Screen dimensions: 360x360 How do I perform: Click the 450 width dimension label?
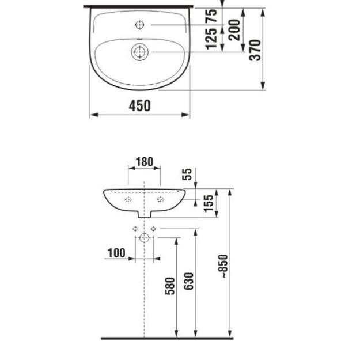pos(139,105)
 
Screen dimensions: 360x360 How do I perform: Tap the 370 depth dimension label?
pos(255,50)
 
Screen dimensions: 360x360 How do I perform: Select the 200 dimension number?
pos(234,30)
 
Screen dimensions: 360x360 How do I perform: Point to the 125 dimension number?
pos(211,39)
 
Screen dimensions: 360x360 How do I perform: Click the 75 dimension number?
pos(211,16)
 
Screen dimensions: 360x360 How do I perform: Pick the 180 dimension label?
pos(145,162)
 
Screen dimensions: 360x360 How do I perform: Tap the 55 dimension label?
pos(187,175)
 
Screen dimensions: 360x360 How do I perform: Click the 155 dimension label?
pos(209,203)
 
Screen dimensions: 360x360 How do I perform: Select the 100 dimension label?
pos(116,253)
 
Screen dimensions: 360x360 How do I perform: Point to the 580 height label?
pos(170,286)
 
